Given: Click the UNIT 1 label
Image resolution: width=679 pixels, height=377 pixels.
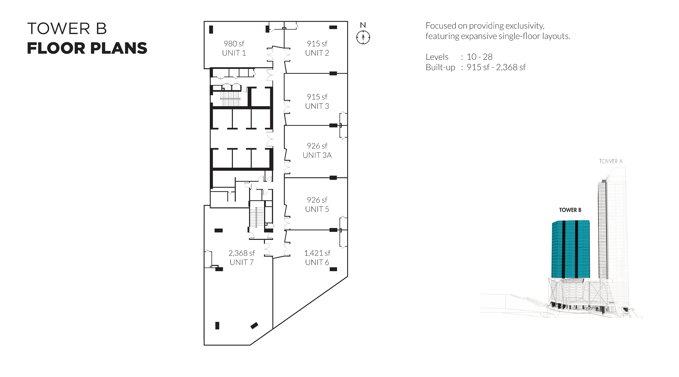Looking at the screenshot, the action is coord(234,53).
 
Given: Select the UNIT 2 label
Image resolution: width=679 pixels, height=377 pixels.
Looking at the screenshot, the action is coord(317,53).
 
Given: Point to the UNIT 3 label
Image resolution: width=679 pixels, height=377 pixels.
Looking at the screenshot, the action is coord(317,106).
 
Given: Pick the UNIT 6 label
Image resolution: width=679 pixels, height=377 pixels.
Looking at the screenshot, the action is coord(317,262).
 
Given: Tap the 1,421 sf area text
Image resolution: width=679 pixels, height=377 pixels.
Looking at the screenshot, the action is coord(317,253).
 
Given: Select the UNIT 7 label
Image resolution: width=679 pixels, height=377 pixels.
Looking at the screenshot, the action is coord(241,262).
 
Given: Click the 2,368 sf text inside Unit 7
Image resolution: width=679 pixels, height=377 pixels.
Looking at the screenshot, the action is coord(241,253).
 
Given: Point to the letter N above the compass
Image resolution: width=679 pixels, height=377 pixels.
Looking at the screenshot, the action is coord(363,25).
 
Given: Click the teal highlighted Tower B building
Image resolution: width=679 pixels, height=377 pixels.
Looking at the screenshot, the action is coord(571,249).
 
